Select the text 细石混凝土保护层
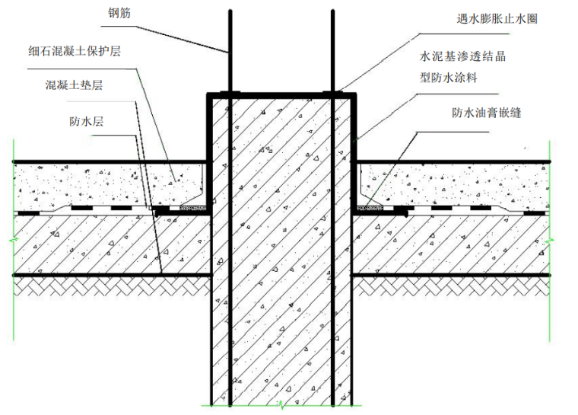(x=74, y=54)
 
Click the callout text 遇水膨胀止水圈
(x=491, y=19)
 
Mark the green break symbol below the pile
(x=281, y=403)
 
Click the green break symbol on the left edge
(x=13, y=242)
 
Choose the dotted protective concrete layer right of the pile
(x=456, y=183)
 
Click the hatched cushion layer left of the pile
(x=106, y=244)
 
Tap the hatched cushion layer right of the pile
(x=456, y=244)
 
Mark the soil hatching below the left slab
(x=106, y=286)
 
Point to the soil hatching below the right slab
(x=456, y=286)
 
